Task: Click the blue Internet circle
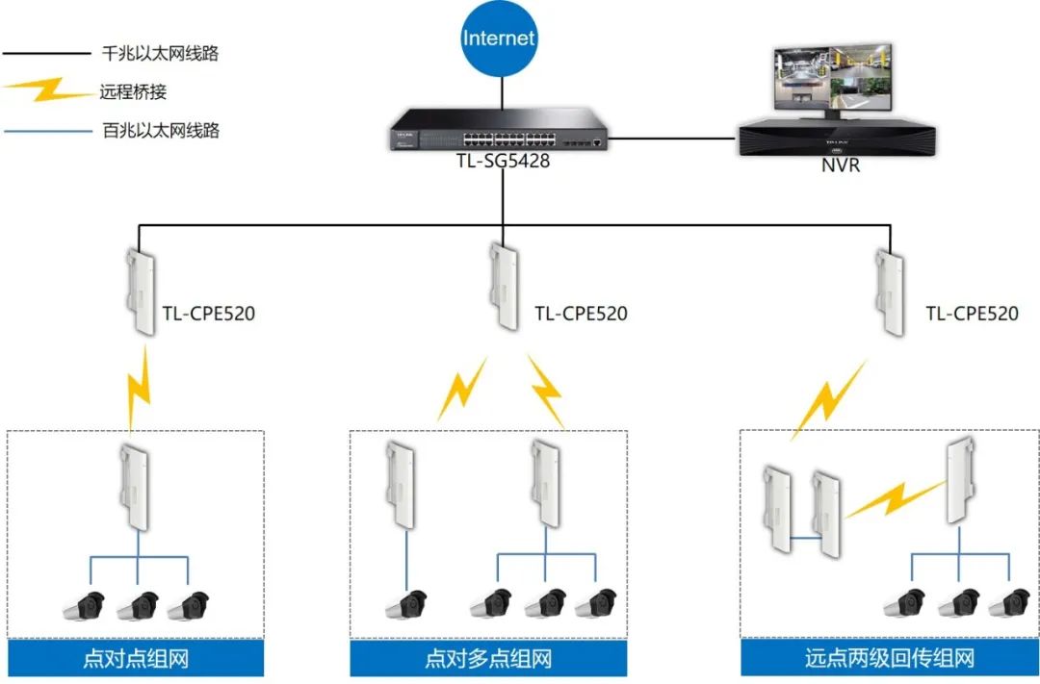point(499,39)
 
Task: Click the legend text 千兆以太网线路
point(160,54)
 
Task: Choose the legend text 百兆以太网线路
point(160,129)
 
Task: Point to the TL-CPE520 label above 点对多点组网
point(581,314)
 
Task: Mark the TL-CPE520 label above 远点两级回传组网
point(972,314)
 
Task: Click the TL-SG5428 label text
point(503,162)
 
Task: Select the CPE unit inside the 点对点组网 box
point(138,489)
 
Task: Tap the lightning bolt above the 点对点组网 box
point(141,389)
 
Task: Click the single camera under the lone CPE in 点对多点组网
point(405,605)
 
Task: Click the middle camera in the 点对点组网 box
point(139,605)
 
